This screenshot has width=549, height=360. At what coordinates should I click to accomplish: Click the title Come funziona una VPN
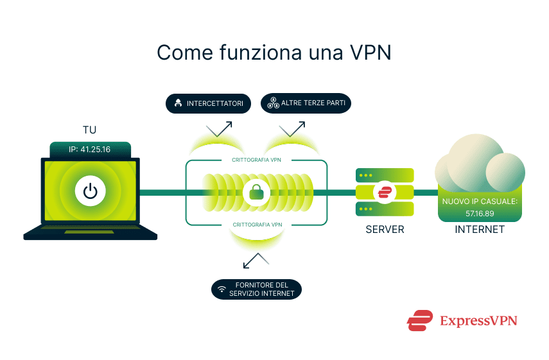tap(274, 53)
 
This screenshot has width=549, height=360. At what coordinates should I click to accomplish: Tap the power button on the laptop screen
tap(90, 191)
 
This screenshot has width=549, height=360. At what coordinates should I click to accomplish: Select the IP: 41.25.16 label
tap(90, 150)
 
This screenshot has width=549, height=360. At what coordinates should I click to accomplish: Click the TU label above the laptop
tap(90, 130)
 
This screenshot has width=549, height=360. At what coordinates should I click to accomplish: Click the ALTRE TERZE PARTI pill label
tap(306, 103)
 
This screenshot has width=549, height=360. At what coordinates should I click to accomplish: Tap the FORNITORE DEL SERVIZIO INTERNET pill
tap(256, 289)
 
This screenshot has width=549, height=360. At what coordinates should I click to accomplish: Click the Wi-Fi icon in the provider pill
tap(222, 289)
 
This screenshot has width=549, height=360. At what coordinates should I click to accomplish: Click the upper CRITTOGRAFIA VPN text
tap(257, 160)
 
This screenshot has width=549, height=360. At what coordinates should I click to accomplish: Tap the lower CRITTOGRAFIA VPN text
tap(257, 225)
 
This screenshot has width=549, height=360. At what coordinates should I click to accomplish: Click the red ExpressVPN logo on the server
tap(385, 192)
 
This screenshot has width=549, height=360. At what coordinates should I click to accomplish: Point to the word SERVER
tap(385, 229)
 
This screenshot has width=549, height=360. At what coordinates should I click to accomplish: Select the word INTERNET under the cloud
tap(480, 229)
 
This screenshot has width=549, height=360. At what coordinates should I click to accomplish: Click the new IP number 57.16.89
tap(480, 212)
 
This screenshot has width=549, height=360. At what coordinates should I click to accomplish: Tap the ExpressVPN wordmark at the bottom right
tap(478, 320)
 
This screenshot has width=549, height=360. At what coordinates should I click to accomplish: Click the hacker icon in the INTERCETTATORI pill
tap(177, 103)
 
